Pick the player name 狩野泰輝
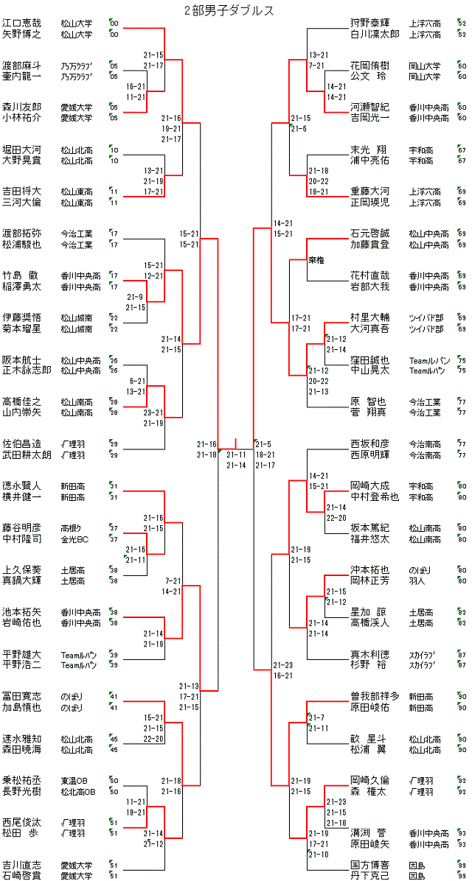coord(369,23)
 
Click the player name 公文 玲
coord(369,76)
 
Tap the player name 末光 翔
coord(369,150)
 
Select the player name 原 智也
coord(369,401)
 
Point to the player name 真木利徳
coord(369,654)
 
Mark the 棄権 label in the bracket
coord(318,260)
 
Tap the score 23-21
coord(153,413)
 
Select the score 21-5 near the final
coord(264,443)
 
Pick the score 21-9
coord(135,297)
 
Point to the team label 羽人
coord(418,580)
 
